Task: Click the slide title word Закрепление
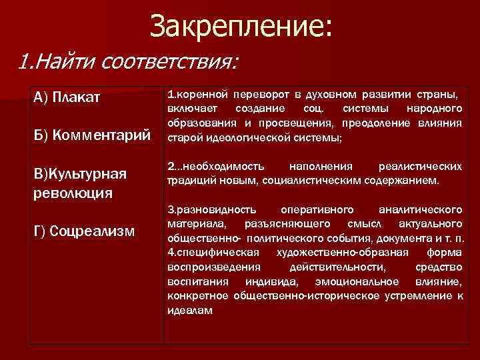tap(239, 27)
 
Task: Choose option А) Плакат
tap(67, 98)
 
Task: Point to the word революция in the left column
tap(73, 193)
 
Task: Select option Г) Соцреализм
tap(84, 231)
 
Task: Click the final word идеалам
tap(190, 310)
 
